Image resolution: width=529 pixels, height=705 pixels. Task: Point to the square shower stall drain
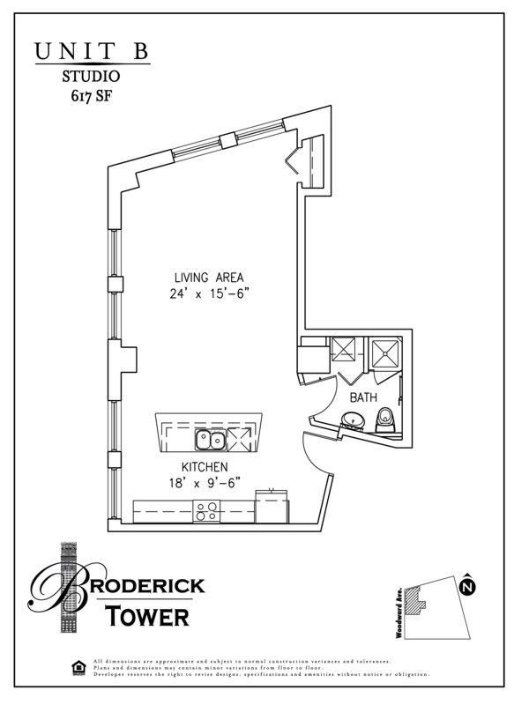pos(384,353)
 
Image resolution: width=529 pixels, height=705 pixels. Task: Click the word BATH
pos(363,398)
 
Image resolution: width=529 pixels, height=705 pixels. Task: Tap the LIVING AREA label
pos(209,277)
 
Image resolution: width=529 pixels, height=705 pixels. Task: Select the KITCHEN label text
pos(205,466)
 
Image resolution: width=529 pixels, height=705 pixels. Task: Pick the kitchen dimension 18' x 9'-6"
pos(205,482)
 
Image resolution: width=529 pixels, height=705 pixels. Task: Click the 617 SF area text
pos(92,97)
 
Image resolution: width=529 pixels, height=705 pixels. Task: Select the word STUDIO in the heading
pos(92,78)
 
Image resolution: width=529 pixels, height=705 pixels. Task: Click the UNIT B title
pos(92,51)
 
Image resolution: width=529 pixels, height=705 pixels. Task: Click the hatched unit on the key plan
pos(421,605)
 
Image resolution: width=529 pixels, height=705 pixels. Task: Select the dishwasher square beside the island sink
pos(242,438)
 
